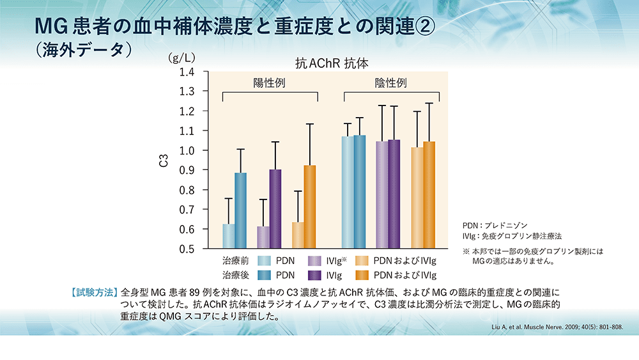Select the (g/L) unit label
click(x=181, y=58)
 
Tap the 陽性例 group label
click(x=270, y=84)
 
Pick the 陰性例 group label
click(x=390, y=84)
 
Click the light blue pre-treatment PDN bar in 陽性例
click(x=228, y=236)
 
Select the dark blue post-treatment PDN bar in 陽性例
click(x=240, y=210)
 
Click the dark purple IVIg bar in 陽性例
click(x=275, y=208)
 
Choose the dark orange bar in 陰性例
click(x=429, y=195)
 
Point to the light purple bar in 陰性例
click(x=382, y=194)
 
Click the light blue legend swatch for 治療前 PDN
click(x=262, y=261)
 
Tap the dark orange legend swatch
click(x=363, y=276)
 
